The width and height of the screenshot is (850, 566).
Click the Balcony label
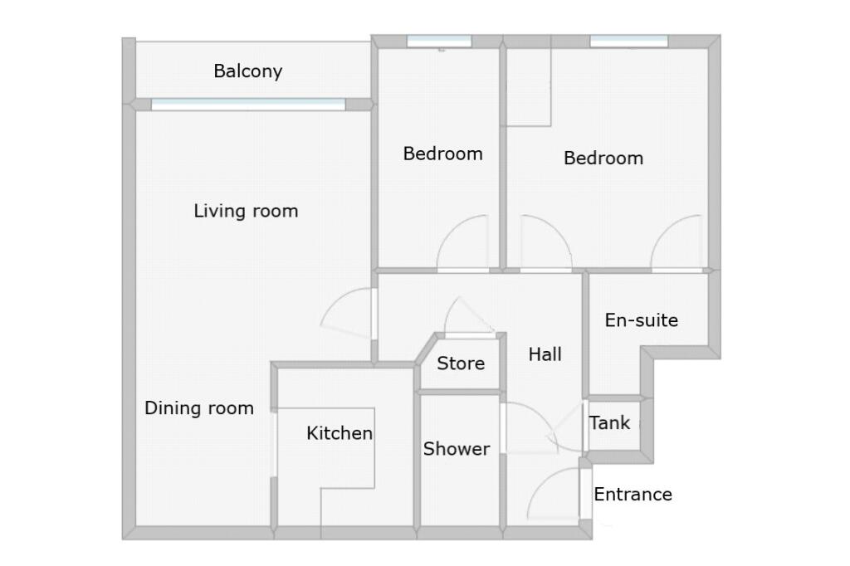[x=247, y=71]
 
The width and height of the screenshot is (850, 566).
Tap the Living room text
[x=246, y=211]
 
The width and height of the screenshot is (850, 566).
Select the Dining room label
[x=199, y=408]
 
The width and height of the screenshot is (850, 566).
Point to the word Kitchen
[x=340, y=433]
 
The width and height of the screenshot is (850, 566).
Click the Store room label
[x=461, y=364]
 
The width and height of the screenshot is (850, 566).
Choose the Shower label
[x=457, y=449]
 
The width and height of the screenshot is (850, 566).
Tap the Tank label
[x=610, y=423]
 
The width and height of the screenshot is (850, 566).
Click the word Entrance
[x=633, y=495]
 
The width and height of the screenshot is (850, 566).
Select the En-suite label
[x=641, y=320]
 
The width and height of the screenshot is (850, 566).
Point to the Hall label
[x=545, y=354]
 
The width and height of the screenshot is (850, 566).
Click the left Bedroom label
[x=442, y=154]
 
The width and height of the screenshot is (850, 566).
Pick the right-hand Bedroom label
[x=603, y=158]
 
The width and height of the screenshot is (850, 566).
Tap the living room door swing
[x=345, y=312]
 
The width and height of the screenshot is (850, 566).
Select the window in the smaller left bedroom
[x=439, y=41]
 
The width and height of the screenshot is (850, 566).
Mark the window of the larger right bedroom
[x=628, y=41]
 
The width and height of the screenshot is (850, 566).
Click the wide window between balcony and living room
[x=247, y=105]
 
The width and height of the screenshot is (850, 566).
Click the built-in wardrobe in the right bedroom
[x=529, y=87]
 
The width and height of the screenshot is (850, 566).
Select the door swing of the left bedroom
[x=465, y=244]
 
